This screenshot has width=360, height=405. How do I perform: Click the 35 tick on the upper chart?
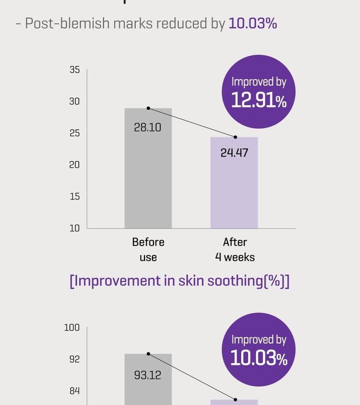pos(75,70)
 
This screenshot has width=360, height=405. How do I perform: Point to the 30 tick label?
pos(75,102)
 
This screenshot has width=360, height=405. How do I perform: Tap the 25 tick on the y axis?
pos(75,134)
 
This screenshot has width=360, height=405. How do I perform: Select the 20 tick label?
pos(75,165)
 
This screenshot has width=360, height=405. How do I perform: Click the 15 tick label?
pos(75,196)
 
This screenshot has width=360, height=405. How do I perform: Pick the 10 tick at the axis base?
pos(75,228)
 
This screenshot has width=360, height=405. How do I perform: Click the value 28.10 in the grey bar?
pos(147,127)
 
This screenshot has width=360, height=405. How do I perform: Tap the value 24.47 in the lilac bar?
pos(234,153)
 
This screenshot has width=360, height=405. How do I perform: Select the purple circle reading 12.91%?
pos(258,92)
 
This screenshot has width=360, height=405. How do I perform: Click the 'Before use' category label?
pos(148,250)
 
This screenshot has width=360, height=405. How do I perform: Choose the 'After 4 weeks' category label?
pos(235,250)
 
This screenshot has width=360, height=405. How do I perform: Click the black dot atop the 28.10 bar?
pos(148,108)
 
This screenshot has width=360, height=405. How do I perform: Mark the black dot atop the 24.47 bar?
pos(235,137)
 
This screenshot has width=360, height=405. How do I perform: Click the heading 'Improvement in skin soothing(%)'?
pos(180,281)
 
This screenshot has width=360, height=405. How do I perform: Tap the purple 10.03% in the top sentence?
pos(252,23)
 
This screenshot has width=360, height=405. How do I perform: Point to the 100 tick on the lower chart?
pos(72,328)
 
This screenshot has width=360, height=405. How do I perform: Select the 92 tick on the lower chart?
pos(74,359)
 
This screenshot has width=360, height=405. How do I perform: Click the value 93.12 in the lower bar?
pos(147,375)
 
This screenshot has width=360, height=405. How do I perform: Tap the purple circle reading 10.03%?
pos(258,350)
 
